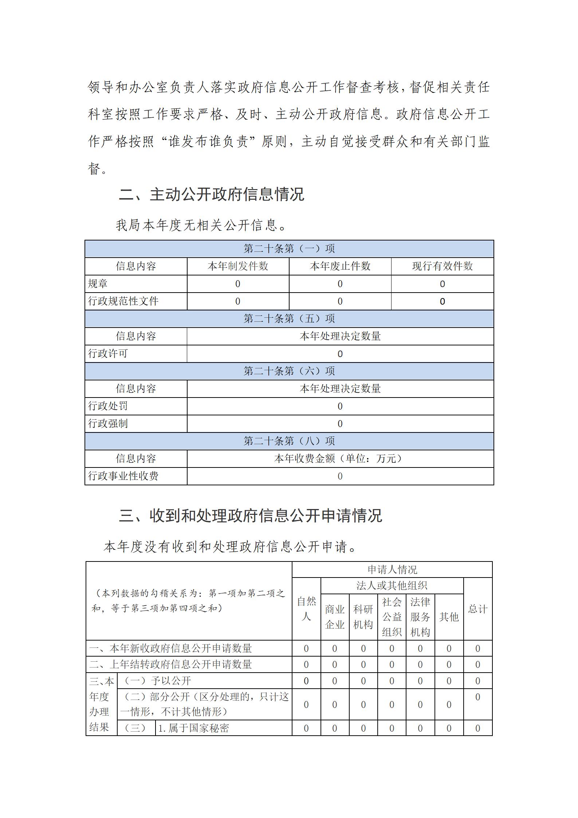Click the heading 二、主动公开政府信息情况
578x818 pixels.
click(211, 194)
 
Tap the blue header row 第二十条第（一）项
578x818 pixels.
click(289, 249)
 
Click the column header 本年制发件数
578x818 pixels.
click(238, 266)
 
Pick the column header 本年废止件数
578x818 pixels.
click(340, 266)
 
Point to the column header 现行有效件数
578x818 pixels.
click(442, 266)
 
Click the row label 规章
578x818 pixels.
click(98, 284)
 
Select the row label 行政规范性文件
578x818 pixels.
click(123, 301)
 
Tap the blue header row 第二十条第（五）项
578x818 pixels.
click(289, 319)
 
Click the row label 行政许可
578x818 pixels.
click(108, 353)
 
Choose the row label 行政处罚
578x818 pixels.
click(108, 406)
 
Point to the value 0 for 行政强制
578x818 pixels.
click(340, 424)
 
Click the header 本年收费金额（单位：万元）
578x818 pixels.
click(340, 458)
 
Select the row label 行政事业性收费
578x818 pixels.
click(123, 476)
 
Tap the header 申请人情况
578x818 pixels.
click(392, 570)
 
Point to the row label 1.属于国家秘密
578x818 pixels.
click(193, 728)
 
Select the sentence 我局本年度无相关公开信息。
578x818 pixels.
click(201, 225)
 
